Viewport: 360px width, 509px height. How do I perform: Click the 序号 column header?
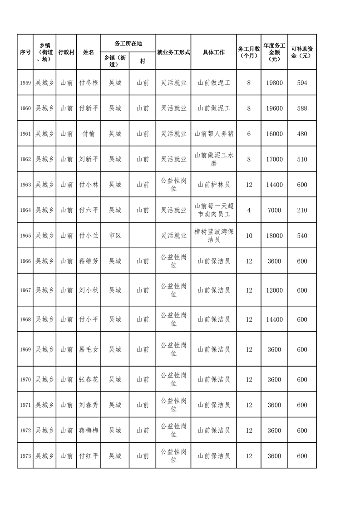(x=25, y=52)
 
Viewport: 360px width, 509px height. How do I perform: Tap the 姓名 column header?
(x=89, y=52)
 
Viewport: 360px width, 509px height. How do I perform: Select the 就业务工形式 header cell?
(x=173, y=52)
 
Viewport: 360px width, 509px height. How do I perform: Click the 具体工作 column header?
(x=214, y=52)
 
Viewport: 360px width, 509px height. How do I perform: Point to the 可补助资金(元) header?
(x=302, y=52)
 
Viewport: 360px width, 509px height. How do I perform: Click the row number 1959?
(x=25, y=83)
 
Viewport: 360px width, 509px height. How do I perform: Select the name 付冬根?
(x=89, y=83)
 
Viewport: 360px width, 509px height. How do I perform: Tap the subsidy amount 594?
(x=302, y=83)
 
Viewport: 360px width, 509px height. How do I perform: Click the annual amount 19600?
(x=274, y=108)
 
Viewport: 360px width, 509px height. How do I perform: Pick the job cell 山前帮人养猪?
(x=214, y=134)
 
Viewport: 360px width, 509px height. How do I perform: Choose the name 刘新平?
(x=89, y=159)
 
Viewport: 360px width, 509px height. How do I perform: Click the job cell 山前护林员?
(x=214, y=185)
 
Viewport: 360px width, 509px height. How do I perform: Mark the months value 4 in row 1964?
(x=249, y=210)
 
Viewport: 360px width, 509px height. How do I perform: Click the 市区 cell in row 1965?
(x=115, y=235)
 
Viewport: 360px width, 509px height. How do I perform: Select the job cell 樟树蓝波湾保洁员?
(x=214, y=235)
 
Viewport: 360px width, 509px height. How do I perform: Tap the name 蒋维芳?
(x=89, y=261)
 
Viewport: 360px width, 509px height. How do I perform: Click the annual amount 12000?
(x=274, y=290)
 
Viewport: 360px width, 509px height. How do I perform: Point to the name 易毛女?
(x=89, y=349)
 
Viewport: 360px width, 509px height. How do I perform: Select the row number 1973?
(x=25, y=456)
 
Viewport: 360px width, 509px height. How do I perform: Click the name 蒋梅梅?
(x=89, y=431)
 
